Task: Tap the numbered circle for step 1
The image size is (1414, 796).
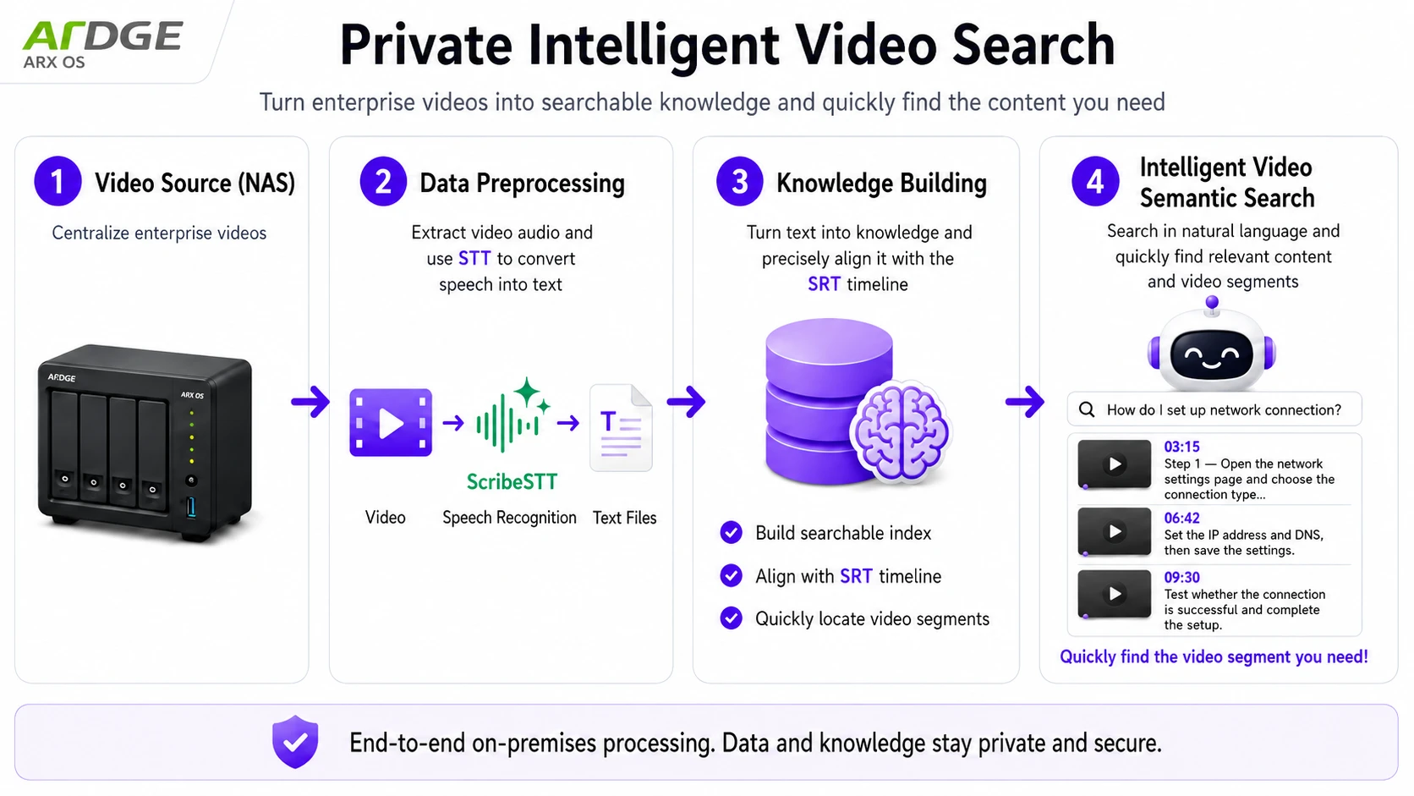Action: click(x=58, y=181)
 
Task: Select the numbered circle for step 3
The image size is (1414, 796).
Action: click(x=739, y=181)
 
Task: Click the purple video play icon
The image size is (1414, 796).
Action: click(x=391, y=422)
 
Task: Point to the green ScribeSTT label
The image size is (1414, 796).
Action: click(x=512, y=481)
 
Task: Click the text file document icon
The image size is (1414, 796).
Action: click(x=621, y=428)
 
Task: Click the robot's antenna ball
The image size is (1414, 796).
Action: click(x=1211, y=303)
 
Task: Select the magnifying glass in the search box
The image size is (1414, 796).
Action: click(x=1087, y=409)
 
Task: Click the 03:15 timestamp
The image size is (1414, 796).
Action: click(x=1181, y=447)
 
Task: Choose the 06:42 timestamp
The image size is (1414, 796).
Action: click(x=1181, y=519)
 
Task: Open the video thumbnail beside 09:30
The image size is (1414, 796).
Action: click(x=1114, y=593)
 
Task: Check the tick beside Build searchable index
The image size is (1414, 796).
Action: click(x=731, y=533)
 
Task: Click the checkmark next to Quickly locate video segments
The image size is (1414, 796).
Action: click(x=731, y=618)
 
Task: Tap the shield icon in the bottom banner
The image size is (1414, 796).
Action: click(x=295, y=742)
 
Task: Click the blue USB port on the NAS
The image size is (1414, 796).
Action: click(x=190, y=508)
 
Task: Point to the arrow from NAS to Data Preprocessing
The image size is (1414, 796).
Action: click(x=310, y=402)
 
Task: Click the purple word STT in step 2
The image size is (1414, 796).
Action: click(x=474, y=259)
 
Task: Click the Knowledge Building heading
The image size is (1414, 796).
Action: click(x=881, y=183)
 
